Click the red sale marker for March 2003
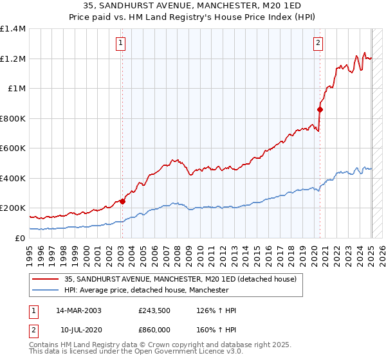click(x=122, y=201)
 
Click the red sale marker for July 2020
click(x=320, y=109)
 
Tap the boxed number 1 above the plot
click(x=120, y=44)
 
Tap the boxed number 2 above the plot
click(x=318, y=44)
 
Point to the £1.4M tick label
click(x=13, y=29)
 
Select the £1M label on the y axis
click(x=17, y=89)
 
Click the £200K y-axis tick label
click(x=13, y=208)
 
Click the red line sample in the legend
click(x=46, y=279)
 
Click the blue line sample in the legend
click(x=46, y=291)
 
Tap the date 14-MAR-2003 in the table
click(x=78, y=311)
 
